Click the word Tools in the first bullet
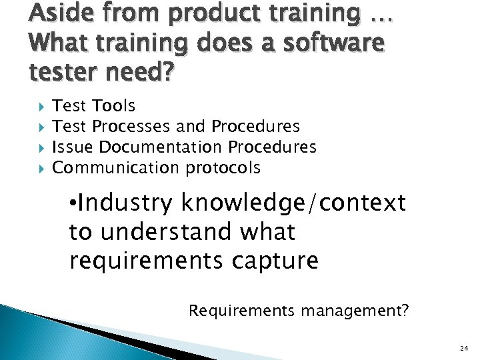pos(114,105)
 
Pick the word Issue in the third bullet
pos(71,147)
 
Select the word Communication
pos(116,167)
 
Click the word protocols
pos(223,168)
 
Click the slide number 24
pos(464,349)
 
